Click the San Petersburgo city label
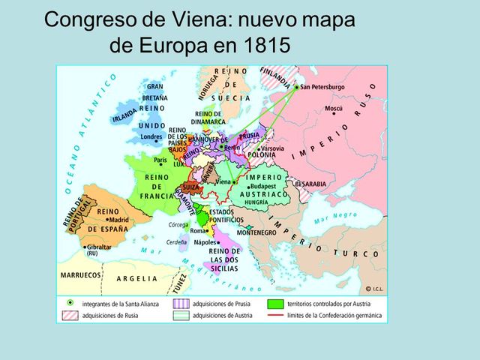click(x=323, y=87)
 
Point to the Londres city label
click(x=151, y=136)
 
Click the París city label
click(x=160, y=160)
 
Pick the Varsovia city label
click(x=272, y=148)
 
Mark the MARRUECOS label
click(x=79, y=275)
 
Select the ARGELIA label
click(x=137, y=278)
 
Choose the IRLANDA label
click(x=124, y=115)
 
